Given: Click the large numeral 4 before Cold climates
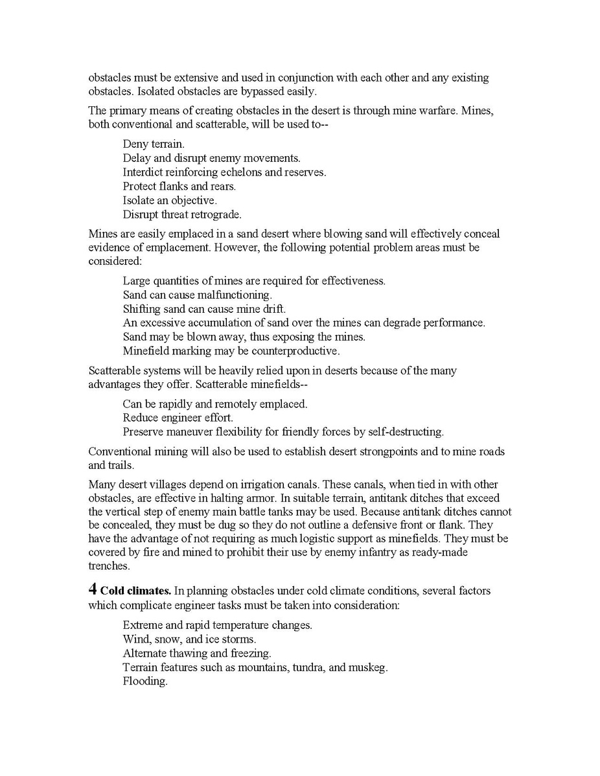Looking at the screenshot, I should coord(93,590).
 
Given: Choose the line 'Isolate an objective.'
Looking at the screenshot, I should coord(170,200).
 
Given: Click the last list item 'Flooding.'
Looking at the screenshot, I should coord(145,681).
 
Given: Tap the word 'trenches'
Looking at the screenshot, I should coord(109,566).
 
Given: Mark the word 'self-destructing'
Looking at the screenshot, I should coord(405,432).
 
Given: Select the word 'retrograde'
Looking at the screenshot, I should coord(214,214).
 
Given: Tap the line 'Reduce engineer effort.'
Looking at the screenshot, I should coord(178,418).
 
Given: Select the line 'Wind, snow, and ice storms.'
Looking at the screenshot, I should coord(189,639).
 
